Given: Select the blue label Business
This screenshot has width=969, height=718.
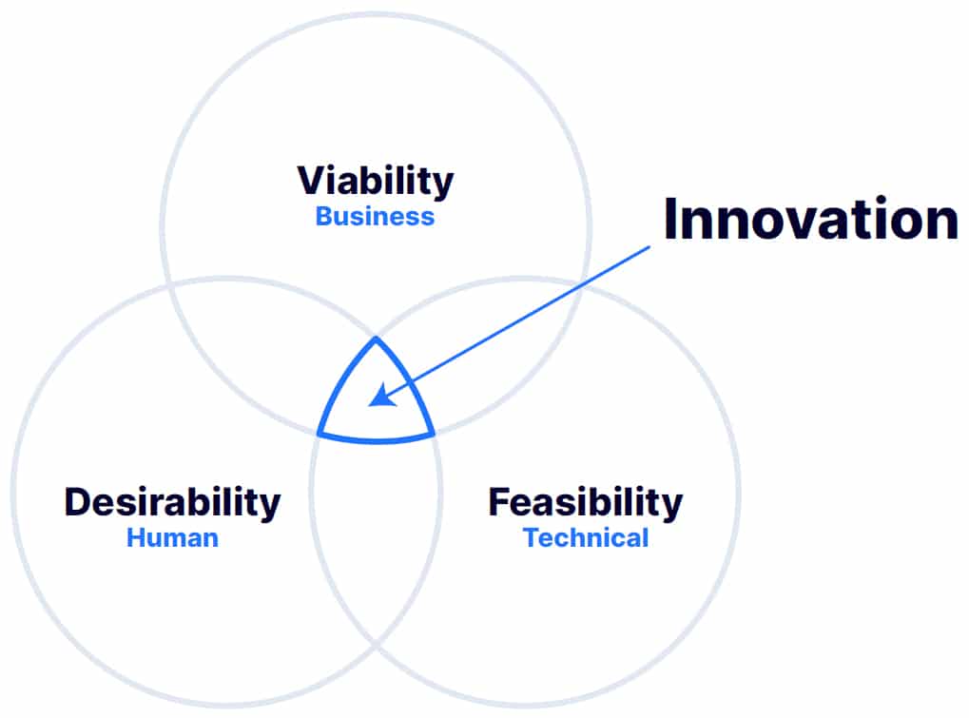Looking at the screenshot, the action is tap(375, 217).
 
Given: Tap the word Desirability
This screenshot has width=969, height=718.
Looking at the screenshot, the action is tap(172, 503).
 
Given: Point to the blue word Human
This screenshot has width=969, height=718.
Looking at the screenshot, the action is tap(172, 538).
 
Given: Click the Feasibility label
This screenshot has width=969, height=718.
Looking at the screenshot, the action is tap(585, 503).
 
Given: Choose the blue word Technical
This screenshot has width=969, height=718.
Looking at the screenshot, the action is tap(586, 538).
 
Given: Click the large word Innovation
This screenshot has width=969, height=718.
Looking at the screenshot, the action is tap(811, 219).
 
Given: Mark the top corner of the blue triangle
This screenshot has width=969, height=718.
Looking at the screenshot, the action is tap(377, 338).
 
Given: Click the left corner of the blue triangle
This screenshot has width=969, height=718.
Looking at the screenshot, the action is tap(319, 435).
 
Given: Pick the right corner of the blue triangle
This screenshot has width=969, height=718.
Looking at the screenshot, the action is tap(434, 434).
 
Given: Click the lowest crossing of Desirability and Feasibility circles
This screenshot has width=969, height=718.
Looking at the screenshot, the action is tap(376, 645).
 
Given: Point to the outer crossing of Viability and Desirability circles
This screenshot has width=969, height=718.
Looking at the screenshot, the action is tap(168, 285).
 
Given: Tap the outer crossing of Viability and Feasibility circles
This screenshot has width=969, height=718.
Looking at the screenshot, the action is tap(582, 285).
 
